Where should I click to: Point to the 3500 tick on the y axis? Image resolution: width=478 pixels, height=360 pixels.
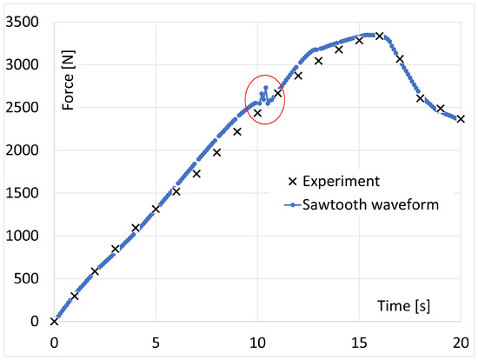(25, 23)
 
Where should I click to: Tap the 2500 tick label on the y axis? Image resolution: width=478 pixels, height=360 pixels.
(25, 108)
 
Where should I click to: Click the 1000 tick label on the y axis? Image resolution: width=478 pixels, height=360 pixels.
(25, 236)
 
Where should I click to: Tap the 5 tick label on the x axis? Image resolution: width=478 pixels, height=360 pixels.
(156, 340)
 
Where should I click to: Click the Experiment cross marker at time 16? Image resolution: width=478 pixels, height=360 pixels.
(379, 36)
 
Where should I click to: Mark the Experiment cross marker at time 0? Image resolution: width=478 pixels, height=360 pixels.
(54, 321)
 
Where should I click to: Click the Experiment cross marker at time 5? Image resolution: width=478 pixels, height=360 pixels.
(156, 209)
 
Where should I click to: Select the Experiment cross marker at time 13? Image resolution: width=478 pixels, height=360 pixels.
(318, 61)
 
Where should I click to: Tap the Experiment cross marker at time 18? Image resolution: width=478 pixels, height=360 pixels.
(420, 98)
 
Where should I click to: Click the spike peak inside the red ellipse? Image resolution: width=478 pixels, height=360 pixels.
(265, 87)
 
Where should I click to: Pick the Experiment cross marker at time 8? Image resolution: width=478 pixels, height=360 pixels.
(216, 152)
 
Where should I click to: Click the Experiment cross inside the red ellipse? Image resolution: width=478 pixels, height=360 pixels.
(257, 113)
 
